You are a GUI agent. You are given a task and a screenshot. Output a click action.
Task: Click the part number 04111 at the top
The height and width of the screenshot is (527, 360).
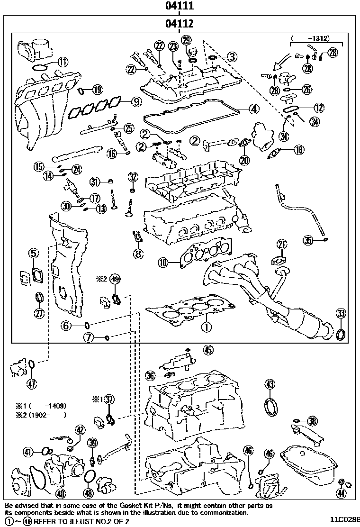180,6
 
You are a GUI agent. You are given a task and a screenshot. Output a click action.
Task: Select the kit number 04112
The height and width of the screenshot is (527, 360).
180,24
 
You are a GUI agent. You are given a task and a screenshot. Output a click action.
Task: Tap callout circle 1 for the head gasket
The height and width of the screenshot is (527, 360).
206,326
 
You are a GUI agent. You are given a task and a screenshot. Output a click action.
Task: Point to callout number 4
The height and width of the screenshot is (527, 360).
254,109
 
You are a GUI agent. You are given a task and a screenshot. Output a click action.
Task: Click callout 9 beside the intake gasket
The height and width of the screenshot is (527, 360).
136,100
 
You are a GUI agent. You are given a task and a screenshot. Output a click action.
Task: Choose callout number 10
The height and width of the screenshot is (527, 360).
163,262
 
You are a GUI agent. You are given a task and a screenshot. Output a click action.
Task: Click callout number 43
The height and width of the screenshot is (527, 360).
270,384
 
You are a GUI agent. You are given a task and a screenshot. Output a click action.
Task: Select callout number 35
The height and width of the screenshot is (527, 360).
308,240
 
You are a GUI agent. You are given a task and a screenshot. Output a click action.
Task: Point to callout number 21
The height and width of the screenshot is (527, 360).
282,245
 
